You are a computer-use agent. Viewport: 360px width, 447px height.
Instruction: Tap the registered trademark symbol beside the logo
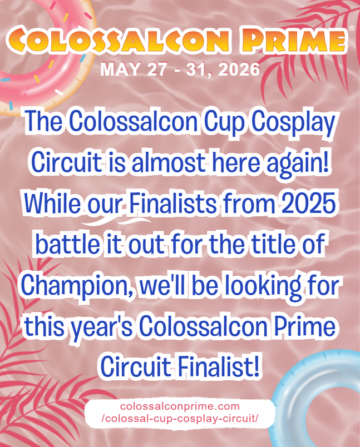(x=351, y=28)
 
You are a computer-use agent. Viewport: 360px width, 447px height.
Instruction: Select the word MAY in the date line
(x=116, y=71)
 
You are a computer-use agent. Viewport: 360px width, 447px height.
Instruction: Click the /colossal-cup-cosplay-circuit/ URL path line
(x=180, y=419)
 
